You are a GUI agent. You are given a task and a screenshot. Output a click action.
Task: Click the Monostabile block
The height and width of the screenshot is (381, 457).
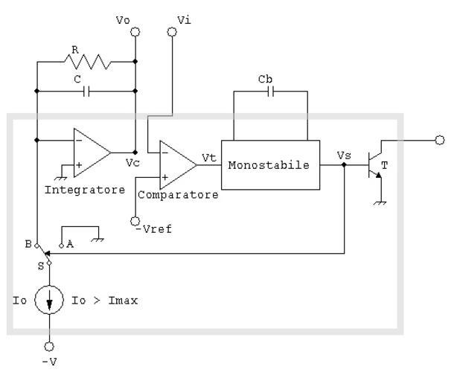[270, 164]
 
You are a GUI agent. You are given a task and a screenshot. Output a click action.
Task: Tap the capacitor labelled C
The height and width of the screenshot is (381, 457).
[87, 92]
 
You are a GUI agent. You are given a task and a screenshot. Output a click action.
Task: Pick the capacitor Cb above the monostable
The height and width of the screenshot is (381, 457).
[270, 92]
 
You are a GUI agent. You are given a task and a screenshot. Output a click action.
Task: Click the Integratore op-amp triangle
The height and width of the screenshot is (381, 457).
[90, 152]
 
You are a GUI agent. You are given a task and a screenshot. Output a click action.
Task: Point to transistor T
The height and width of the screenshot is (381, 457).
[374, 164]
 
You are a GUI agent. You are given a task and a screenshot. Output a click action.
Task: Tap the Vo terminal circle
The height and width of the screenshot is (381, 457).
[135, 33]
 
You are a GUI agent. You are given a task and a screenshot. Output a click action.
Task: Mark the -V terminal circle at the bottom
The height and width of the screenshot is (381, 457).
[49, 346]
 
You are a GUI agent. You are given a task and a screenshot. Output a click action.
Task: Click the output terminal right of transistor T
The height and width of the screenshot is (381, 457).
[440, 139]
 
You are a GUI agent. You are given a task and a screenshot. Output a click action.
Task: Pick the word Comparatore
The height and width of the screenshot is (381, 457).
[178, 195]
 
